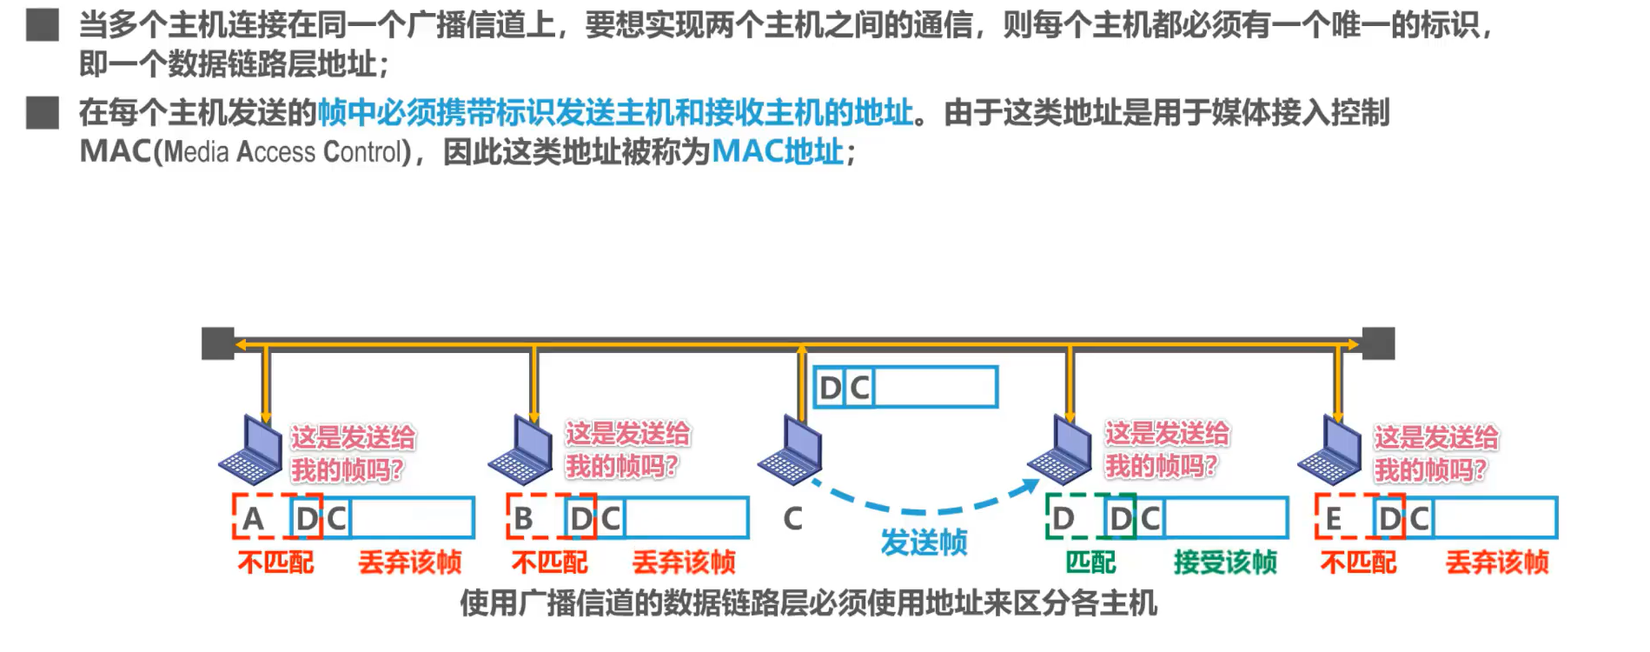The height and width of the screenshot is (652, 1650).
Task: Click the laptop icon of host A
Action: [x=250, y=450]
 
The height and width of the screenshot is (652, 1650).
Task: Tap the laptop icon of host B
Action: [x=520, y=450]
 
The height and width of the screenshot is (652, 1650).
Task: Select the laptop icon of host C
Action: [x=790, y=450]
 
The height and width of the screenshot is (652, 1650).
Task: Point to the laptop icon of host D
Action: [x=1060, y=450]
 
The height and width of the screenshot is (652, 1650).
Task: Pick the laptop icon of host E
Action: [x=1329, y=450]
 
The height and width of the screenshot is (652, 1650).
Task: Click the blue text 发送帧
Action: [x=924, y=542]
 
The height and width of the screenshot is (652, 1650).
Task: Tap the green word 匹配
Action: [x=1090, y=562]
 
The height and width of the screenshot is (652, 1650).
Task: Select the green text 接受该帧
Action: [x=1225, y=562]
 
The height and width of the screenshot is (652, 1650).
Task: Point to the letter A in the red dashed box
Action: [x=253, y=519]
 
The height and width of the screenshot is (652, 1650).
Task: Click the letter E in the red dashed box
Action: [x=1333, y=519]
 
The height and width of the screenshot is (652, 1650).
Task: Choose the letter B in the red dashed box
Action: [x=523, y=519]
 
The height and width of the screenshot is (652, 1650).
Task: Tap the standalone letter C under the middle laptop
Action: [x=792, y=519]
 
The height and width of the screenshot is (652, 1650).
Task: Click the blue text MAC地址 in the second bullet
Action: [x=778, y=152]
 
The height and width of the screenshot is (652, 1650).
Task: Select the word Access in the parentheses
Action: [x=276, y=152]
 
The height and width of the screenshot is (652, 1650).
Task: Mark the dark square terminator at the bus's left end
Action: [x=218, y=343]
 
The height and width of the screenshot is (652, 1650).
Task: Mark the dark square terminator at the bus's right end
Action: [x=1378, y=343]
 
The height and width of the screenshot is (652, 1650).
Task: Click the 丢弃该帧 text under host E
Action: [x=1497, y=562]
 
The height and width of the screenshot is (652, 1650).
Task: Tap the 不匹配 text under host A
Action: [x=275, y=562]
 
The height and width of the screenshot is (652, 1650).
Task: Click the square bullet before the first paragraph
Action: [x=42, y=25]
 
